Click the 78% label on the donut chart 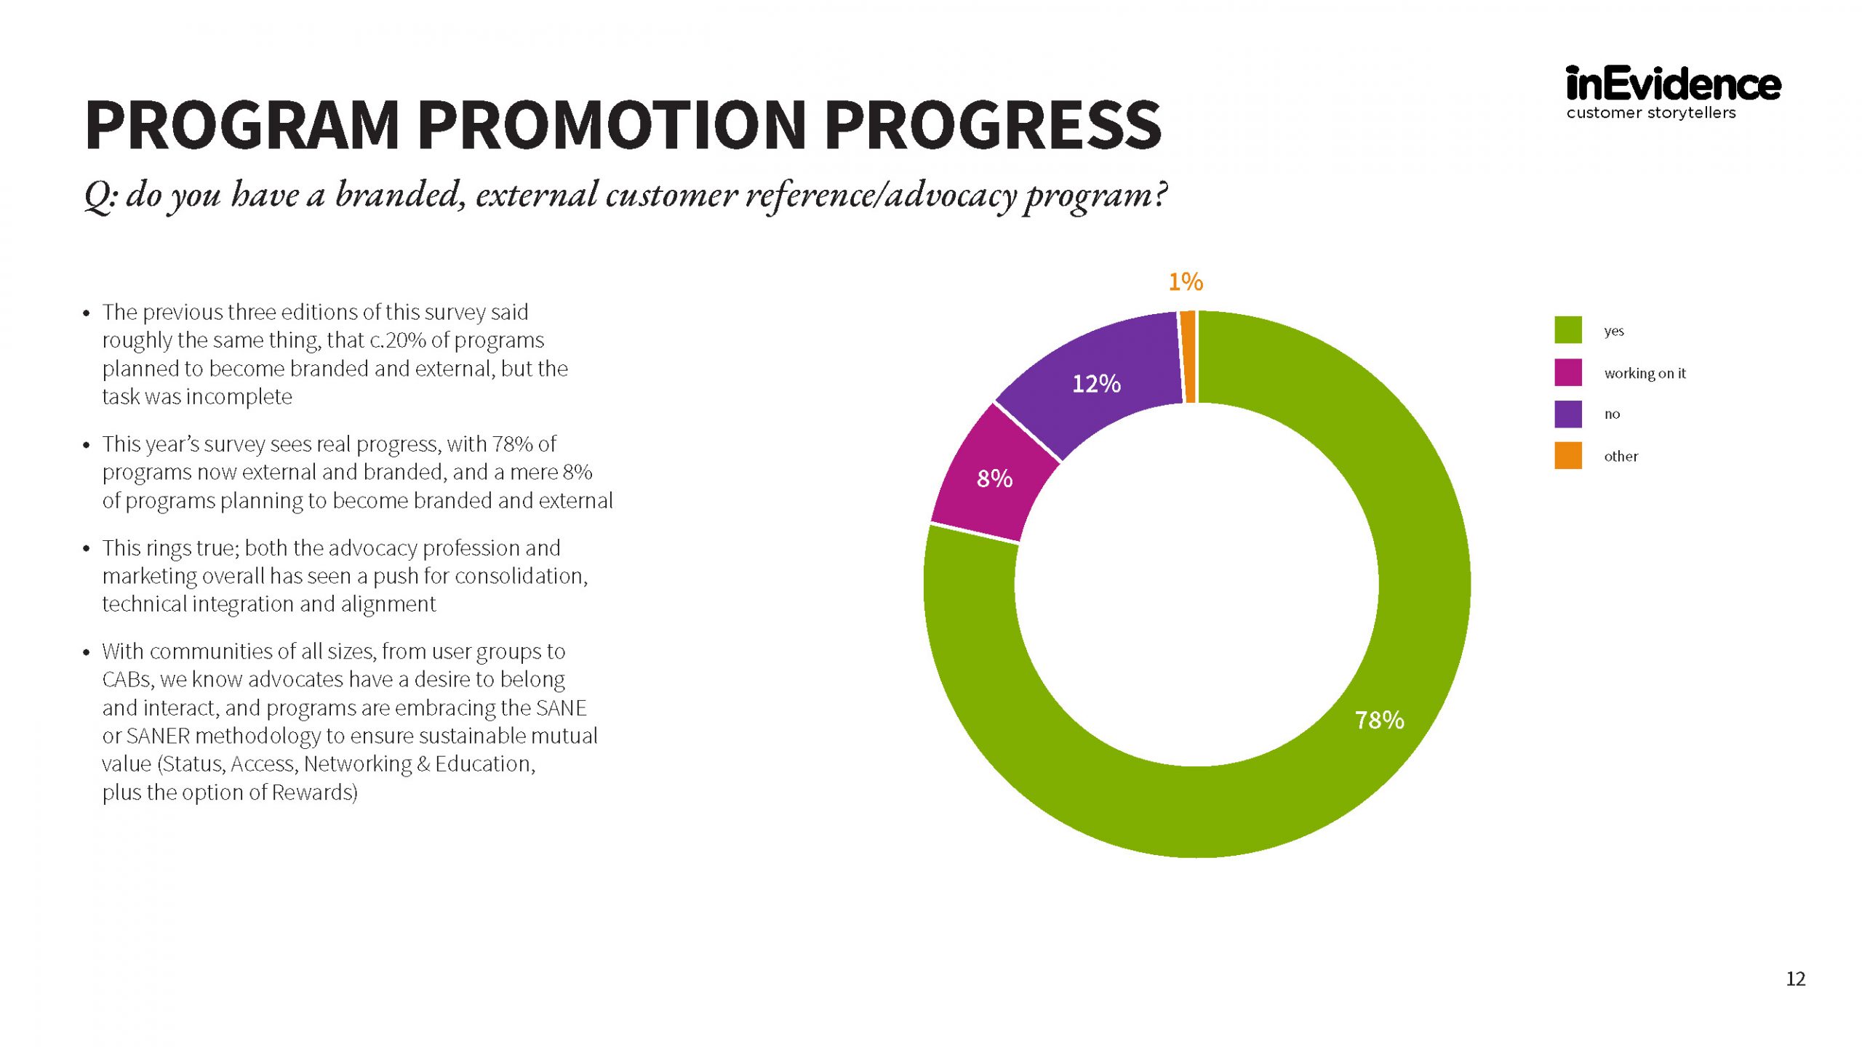point(1379,720)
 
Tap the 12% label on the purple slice point(1096,383)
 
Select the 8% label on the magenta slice point(994,478)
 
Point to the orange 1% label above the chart point(1186,281)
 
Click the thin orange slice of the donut point(1188,356)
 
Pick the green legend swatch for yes point(1568,330)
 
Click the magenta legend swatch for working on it point(1568,372)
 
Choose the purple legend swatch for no point(1568,414)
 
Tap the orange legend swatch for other point(1568,456)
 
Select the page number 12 point(1795,979)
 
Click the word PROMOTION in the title point(612,125)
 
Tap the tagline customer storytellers point(1650,113)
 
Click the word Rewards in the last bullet point(313,793)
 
